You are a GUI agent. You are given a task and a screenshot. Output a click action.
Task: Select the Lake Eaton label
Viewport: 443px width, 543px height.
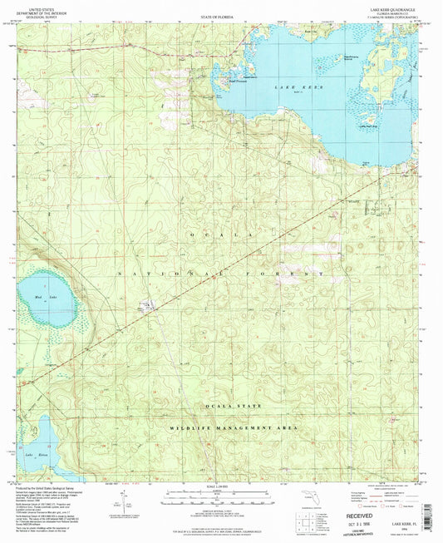(33, 457)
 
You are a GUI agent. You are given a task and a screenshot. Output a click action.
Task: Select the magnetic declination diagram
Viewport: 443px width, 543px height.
(125, 503)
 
